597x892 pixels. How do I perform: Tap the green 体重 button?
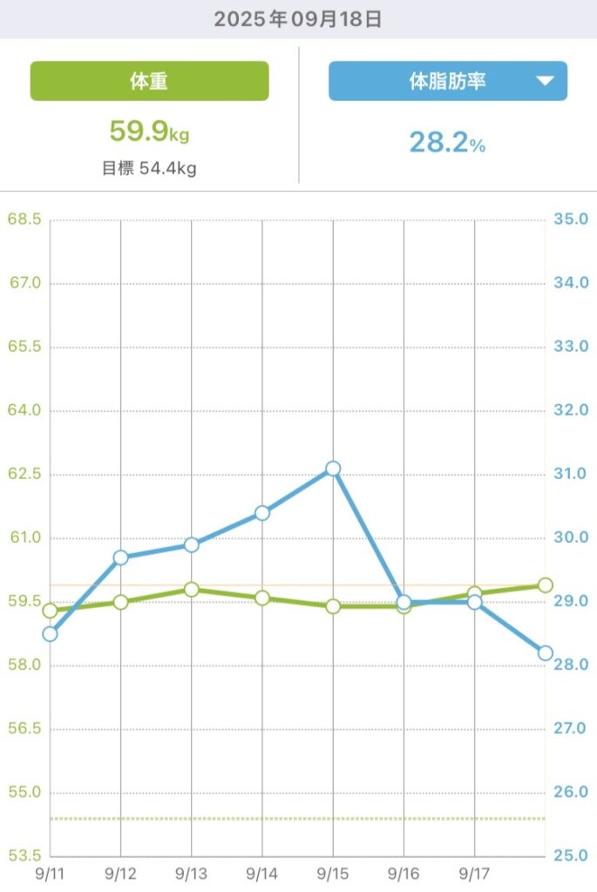[x=149, y=81]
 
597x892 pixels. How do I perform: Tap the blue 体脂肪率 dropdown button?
[x=447, y=81]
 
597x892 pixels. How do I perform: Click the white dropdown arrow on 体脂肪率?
[x=545, y=81]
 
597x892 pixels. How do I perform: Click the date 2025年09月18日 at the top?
[x=298, y=18]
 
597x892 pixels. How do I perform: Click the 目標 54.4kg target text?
[x=149, y=168]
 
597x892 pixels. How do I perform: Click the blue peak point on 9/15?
[x=333, y=469]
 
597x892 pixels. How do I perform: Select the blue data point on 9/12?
[x=120, y=557]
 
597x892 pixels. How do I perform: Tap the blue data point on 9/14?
[x=262, y=513]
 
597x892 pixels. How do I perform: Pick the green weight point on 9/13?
[x=192, y=590]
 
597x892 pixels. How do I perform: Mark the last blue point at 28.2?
[x=546, y=652]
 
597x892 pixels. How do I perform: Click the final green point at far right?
[x=546, y=585]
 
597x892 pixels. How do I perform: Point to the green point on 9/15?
[x=333, y=605]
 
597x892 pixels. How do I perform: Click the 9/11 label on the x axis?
[x=50, y=871]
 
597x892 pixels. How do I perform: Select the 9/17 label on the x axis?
[x=474, y=871]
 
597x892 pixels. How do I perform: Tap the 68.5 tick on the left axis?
[x=24, y=220]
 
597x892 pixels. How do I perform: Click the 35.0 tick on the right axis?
[x=572, y=220]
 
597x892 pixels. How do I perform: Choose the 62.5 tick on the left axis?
[x=24, y=475]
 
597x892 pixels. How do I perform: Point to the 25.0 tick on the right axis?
[x=572, y=856]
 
